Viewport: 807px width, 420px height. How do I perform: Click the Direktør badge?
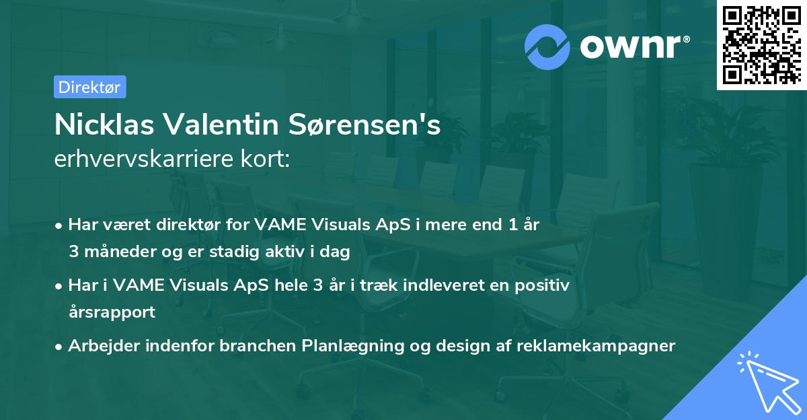pos(89,87)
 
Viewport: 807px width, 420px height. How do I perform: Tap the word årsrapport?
pos(112,312)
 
